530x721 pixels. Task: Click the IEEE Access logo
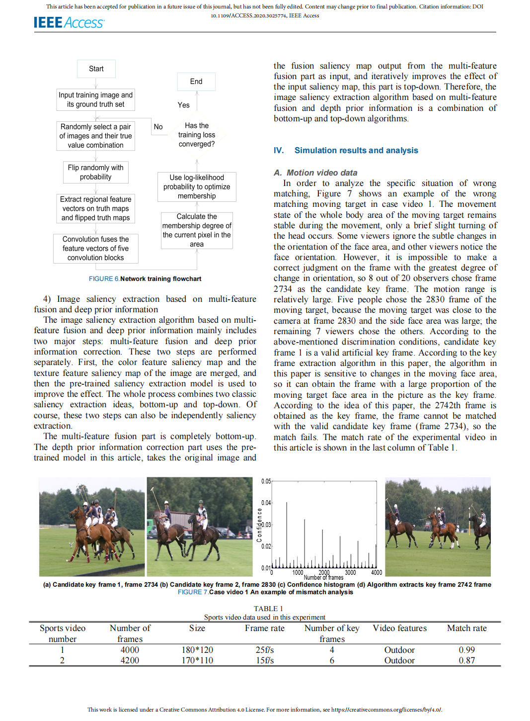point(69,23)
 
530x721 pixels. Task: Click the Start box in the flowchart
point(96,69)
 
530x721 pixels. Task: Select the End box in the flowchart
point(196,82)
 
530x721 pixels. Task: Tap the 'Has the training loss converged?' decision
point(197,135)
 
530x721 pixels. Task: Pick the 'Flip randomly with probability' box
point(96,173)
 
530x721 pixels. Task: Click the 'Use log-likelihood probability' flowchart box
point(197,186)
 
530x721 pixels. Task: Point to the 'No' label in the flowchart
point(158,127)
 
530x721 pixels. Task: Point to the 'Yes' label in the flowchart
point(184,105)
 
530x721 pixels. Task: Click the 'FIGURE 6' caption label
point(104,279)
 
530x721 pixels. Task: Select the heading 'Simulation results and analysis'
point(356,150)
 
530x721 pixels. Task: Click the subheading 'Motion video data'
point(322,173)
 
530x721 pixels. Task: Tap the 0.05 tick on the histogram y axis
point(266,481)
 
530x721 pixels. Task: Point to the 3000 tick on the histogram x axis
point(350,572)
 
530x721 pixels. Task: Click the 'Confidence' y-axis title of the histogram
point(259,525)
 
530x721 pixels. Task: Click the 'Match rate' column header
point(466,628)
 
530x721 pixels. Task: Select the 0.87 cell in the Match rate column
point(466,660)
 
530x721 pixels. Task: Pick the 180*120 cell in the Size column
point(197,650)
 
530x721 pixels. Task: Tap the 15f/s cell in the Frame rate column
point(265,660)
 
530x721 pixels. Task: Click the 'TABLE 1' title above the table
point(268,609)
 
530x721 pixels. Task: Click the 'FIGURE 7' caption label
point(193,592)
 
